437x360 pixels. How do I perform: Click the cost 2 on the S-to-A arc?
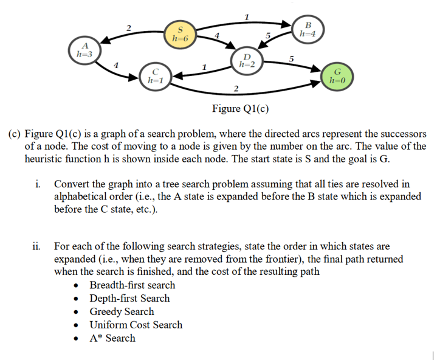pyautogui.click(x=128, y=27)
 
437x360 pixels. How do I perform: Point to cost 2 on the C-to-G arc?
pyautogui.click(x=236, y=90)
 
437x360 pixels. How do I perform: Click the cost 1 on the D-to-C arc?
pyautogui.click(x=205, y=66)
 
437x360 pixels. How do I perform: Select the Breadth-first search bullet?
pyautogui.click(x=132, y=285)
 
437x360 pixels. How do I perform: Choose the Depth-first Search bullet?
pyautogui.click(x=129, y=299)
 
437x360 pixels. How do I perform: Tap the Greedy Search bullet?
pyautogui.click(x=122, y=312)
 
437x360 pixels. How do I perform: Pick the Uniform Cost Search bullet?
pyautogui.click(x=136, y=325)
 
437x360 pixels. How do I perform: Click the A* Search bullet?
pyautogui.click(x=112, y=338)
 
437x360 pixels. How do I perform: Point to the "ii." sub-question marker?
pyautogui.click(x=37, y=246)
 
